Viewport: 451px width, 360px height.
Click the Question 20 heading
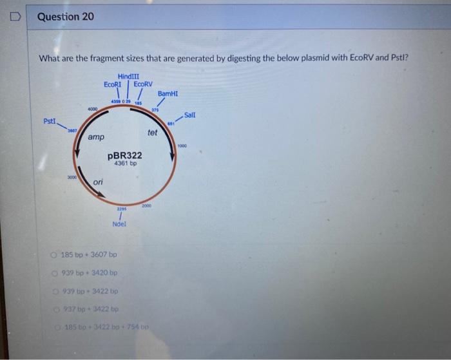click(x=65, y=16)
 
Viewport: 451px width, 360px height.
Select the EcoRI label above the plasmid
click(x=113, y=84)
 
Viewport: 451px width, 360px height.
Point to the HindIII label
click(x=129, y=77)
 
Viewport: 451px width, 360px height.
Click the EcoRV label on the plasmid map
click(x=143, y=84)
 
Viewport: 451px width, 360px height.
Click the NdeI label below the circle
click(x=119, y=224)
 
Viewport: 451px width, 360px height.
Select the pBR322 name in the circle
click(x=125, y=156)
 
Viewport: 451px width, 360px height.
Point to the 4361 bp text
click(x=125, y=164)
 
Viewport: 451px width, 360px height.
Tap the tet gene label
click(x=152, y=133)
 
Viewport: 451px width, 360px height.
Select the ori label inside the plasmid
click(x=98, y=182)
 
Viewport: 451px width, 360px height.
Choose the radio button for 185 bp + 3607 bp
click(x=56, y=254)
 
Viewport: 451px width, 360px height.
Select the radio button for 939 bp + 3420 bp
click(x=56, y=272)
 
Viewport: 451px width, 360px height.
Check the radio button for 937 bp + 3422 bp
click(x=56, y=309)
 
